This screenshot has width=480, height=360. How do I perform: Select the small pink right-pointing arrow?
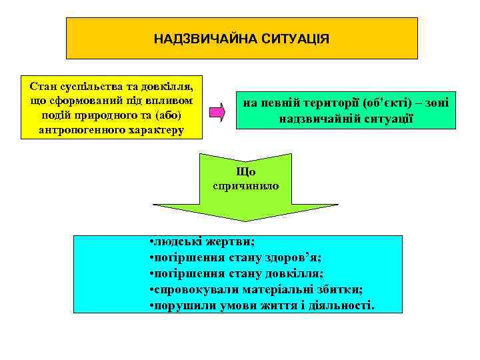coord(217,111)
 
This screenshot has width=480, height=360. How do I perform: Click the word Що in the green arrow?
coord(245,171)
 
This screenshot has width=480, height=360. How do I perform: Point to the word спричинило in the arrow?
coord(245,186)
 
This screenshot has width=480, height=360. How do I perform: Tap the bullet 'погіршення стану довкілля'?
coord(237,273)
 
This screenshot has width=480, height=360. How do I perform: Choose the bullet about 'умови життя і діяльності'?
coord(263,305)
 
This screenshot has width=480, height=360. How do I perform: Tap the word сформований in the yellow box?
coord(78,101)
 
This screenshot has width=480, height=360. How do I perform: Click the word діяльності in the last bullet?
coord(344,305)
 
